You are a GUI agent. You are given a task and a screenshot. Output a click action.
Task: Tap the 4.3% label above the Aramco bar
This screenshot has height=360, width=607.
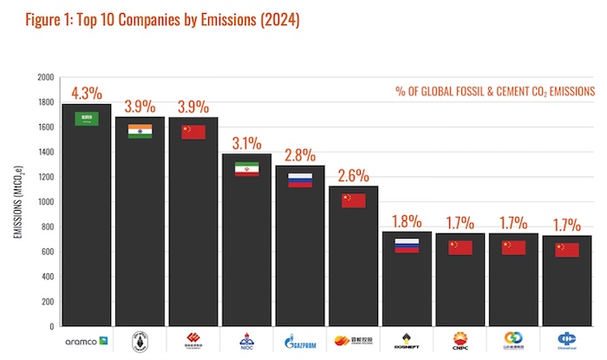pos(86,93)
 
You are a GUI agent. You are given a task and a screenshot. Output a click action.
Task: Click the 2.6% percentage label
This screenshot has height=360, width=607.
pos(353,175)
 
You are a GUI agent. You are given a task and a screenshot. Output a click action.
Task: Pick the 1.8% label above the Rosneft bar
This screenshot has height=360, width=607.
pos(407,220)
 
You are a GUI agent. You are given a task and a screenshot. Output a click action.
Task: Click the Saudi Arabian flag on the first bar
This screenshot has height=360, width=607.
pos(86,119)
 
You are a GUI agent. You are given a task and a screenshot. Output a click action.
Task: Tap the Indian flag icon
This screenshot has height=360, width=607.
pos(140,131)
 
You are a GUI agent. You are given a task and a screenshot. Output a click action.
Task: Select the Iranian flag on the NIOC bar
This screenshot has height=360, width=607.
pos(247,169)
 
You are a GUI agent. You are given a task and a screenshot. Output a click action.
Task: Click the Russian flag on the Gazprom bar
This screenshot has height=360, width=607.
pos(300,180)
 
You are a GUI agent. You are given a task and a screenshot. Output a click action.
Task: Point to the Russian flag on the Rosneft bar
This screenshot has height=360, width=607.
pos(407,245)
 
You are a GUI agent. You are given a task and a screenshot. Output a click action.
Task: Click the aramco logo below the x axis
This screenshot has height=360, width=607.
pos(86,341)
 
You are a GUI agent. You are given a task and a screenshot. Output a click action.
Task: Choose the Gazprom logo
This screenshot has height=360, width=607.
pos(300,341)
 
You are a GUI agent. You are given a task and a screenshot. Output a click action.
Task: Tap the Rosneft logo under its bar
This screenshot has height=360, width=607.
pos(407,341)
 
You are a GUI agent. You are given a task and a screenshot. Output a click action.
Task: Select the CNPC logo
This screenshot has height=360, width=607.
pos(460,341)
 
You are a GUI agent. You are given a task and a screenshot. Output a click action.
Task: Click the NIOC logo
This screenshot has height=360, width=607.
pos(247,341)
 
